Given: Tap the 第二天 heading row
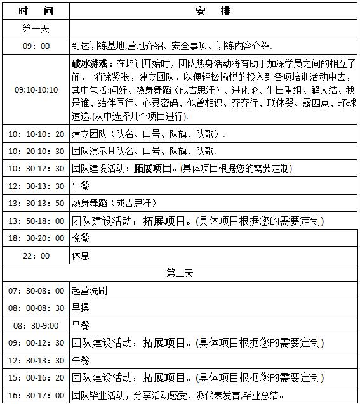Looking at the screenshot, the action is tap(180, 273).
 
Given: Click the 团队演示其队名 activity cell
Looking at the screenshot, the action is tap(144, 152).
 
